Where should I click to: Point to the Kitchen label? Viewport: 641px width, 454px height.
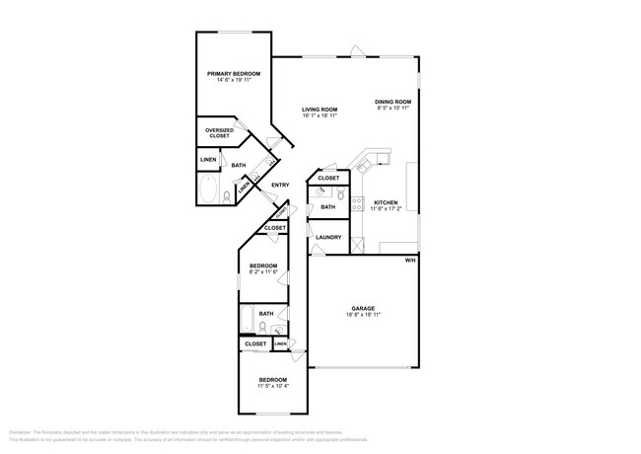pos(386,203)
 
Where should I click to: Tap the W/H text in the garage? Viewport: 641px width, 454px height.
pos(410,261)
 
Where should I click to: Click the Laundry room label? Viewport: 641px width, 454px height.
pos(328,237)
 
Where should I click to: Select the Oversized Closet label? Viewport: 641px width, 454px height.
pos(219,132)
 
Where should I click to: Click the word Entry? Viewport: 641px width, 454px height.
pos(280,186)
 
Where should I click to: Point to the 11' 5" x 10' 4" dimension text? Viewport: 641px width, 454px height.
pos(273,387)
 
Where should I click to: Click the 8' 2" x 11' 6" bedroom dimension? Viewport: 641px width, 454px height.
pos(262,272)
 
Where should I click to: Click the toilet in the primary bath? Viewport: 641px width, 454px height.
pos(228,196)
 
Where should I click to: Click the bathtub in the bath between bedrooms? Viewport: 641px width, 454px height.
pos(249,319)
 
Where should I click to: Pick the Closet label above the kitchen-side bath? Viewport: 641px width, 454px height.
pos(328,178)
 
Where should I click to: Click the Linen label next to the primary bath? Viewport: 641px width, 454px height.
pos(208,159)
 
